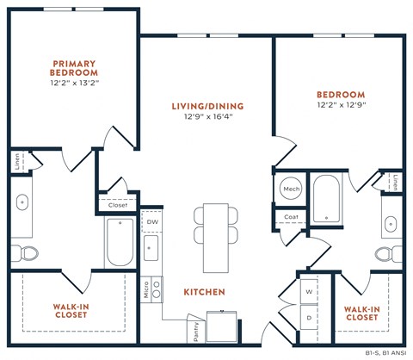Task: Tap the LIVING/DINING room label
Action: click(x=207, y=107)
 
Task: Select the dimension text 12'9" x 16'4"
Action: click(x=207, y=120)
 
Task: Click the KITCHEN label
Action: click(x=204, y=293)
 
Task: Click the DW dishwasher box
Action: click(x=152, y=222)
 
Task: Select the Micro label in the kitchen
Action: click(x=145, y=290)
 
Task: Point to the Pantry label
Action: click(x=194, y=330)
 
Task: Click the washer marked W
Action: click(x=309, y=292)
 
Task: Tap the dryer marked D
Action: click(x=309, y=318)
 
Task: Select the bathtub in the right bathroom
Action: click(x=329, y=200)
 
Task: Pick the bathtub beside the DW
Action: click(x=120, y=242)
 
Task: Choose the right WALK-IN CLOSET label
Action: click(x=361, y=313)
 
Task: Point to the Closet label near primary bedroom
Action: click(x=118, y=205)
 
